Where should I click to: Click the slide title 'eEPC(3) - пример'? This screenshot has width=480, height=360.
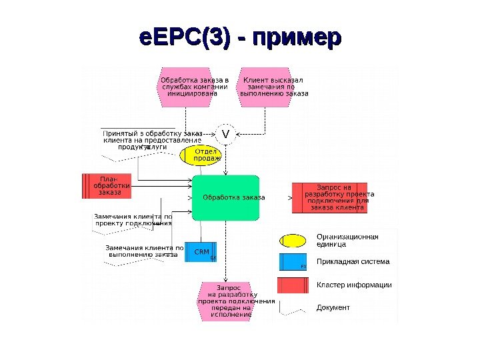pos(240,37)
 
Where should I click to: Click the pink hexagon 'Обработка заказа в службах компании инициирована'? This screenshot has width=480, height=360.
pos(195,87)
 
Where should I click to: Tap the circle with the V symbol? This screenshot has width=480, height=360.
pos(225,134)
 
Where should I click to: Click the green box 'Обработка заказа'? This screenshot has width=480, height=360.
pos(225,197)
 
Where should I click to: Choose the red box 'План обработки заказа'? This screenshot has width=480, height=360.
pos(107,185)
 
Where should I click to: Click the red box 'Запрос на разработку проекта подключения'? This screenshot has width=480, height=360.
pos(329,197)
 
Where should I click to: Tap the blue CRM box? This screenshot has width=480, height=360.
pos(201,252)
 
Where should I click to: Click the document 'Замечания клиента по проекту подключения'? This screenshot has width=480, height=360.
pos(133,221)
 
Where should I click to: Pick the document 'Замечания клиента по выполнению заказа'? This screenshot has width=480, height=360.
pos(143,252)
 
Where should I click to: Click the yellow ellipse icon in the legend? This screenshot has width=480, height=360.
pos(292,240)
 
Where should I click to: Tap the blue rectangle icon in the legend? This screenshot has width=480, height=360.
pos(292,262)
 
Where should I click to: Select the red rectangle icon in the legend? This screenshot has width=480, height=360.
pos(292,285)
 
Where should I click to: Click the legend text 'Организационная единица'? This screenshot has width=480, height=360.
pos(347,240)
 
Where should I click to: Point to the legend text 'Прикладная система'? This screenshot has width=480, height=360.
pos(353,262)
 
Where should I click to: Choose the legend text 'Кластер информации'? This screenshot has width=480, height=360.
pos(354,285)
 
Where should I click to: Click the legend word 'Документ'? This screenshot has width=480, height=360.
pos(333,307)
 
